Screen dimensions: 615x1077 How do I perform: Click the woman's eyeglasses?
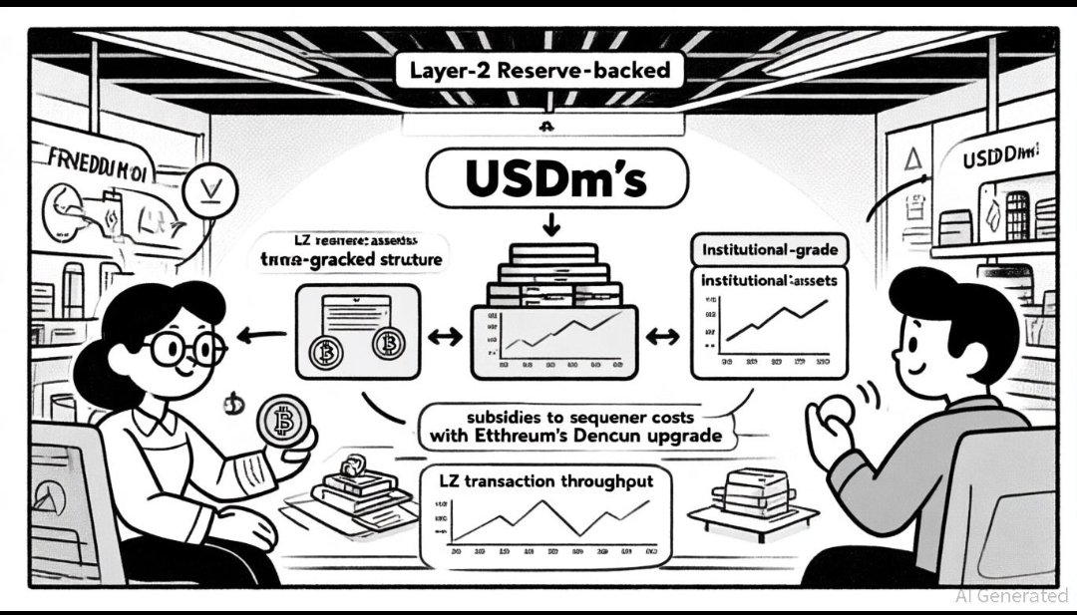point(183,348)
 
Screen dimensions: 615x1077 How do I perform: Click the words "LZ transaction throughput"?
point(546,481)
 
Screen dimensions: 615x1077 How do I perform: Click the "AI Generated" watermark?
point(1010,595)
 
